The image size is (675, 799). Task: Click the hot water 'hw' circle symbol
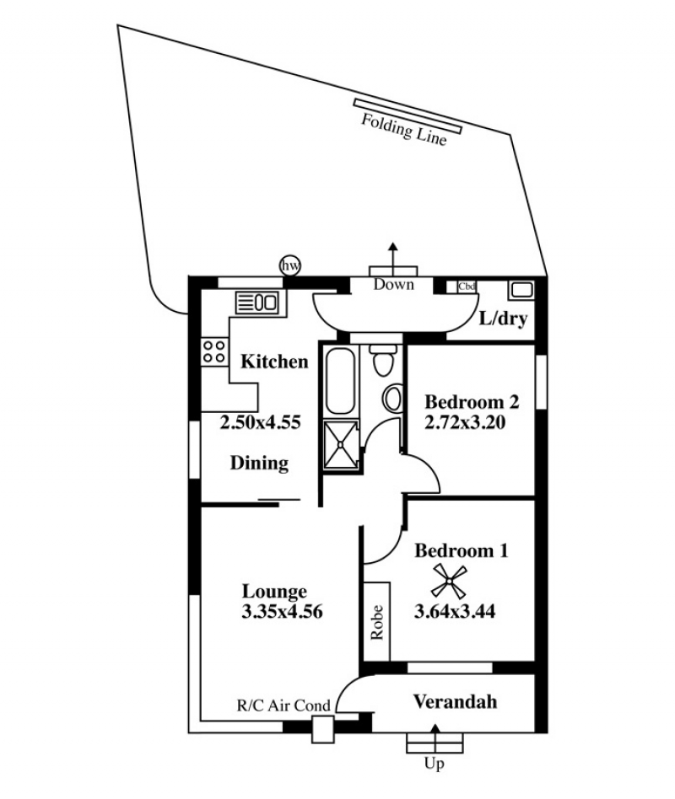pyautogui.click(x=290, y=265)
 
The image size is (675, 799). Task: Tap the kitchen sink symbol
pyautogui.click(x=256, y=303)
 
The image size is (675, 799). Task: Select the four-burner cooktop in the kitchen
pyautogui.click(x=214, y=351)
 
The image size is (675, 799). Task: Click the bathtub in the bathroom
pyautogui.click(x=340, y=381)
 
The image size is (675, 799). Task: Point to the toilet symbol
pyautogui.click(x=383, y=360)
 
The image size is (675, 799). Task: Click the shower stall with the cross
pyautogui.click(x=341, y=444)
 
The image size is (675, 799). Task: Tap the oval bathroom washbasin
pyautogui.click(x=393, y=399)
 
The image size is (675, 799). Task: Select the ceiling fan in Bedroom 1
pyautogui.click(x=449, y=582)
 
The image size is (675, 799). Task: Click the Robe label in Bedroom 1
pyautogui.click(x=377, y=622)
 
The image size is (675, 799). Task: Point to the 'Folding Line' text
pyautogui.click(x=403, y=130)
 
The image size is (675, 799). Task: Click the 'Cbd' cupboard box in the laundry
pyautogui.click(x=467, y=287)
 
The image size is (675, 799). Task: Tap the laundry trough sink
pyautogui.click(x=521, y=290)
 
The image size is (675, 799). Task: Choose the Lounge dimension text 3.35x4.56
pyautogui.click(x=282, y=612)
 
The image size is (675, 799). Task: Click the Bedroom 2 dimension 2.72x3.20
pyautogui.click(x=465, y=422)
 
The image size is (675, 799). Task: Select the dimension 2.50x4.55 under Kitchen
pyautogui.click(x=260, y=422)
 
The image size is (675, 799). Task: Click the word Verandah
pyautogui.click(x=455, y=702)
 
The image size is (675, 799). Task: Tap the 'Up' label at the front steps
pyautogui.click(x=435, y=764)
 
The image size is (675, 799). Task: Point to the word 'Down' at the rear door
pyautogui.click(x=393, y=284)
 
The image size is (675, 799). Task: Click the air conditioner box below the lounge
pyautogui.click(x=323, y=729)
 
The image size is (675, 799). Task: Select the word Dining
pyautogui.click(x=260, y=464)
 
